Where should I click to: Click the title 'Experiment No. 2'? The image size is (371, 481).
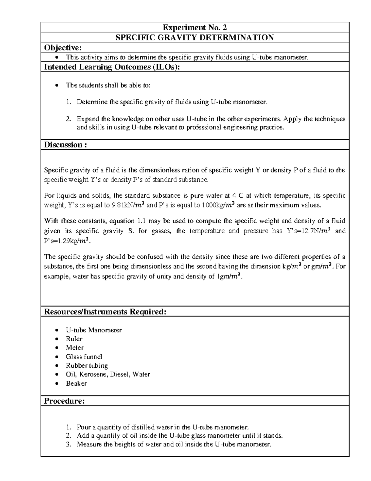click(x=195, y=28)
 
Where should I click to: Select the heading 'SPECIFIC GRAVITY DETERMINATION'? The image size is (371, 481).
click(x=195, y=37)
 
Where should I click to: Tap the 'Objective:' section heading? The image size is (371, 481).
click(x=63, y=47)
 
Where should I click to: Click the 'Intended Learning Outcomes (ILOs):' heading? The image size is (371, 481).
click(x=112, y=67)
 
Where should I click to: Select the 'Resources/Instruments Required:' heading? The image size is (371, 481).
click(x=105, y=312)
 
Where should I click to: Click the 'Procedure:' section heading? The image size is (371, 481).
click(x=64, y=401)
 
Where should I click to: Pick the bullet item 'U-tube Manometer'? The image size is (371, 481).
click(x=94, y=330)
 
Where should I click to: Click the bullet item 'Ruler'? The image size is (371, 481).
click(x=74, y=339)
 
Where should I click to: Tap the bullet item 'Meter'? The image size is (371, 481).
click(x=75, y=348)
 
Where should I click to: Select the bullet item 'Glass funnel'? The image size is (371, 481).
click(x=84, y=357)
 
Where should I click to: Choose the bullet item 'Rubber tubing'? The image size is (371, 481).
click(x=87, y=365)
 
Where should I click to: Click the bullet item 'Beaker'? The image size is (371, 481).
click(x=76, y=383)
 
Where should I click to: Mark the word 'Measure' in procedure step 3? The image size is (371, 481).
click(x=88, y=444)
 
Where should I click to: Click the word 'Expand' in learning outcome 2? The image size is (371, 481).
click(x=87, y=119)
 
